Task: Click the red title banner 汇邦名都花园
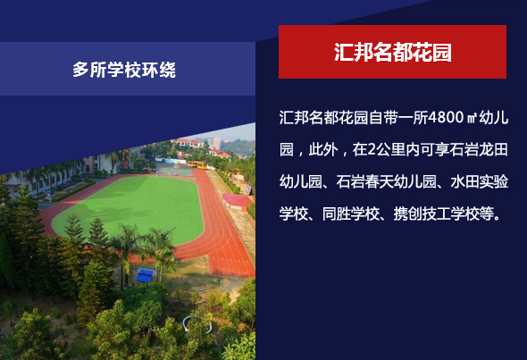click(392, 52)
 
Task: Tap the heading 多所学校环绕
click(124, 70)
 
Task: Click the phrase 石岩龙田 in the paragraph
click(478, 149)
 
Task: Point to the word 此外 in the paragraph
click(323, 149)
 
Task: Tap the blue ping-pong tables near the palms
click(145, 275)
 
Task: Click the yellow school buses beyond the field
click(197, 164)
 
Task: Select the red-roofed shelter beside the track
click(237, 201)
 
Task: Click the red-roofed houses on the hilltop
click(188, 143)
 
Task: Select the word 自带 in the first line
click(383, 117)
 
